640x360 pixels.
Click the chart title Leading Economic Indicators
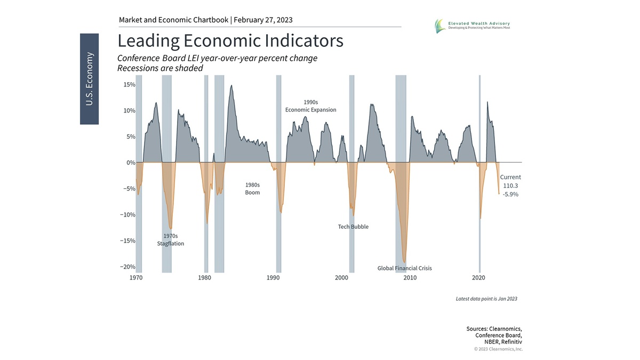click(x=230, y=41)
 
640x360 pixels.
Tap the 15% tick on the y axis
click(x=129, y=85)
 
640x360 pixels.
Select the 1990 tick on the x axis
click(x=273, y=278)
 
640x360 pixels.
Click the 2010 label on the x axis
click(x=410, y=278)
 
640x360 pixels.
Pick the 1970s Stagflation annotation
click(x=170, y=239)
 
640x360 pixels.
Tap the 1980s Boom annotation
click(x=252, y=189)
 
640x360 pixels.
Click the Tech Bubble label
click(x=353, y=227)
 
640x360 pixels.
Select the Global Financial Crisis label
click(x=404, y=268)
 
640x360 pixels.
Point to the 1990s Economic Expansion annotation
click(x=310, y=106)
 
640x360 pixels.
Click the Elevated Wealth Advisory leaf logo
click(x=439, y=25)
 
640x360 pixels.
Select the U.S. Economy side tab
click(x=89, y=78)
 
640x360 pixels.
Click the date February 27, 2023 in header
click(x=263, y=20)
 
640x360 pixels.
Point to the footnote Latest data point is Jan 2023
click(x=486, y=299)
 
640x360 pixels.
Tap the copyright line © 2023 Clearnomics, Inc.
click(x=498, y=349)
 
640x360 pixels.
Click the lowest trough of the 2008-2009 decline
click(x=405, y=261)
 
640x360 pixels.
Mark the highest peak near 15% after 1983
click(x=231, y=85)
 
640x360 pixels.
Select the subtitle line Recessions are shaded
click(x=160, y=68)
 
